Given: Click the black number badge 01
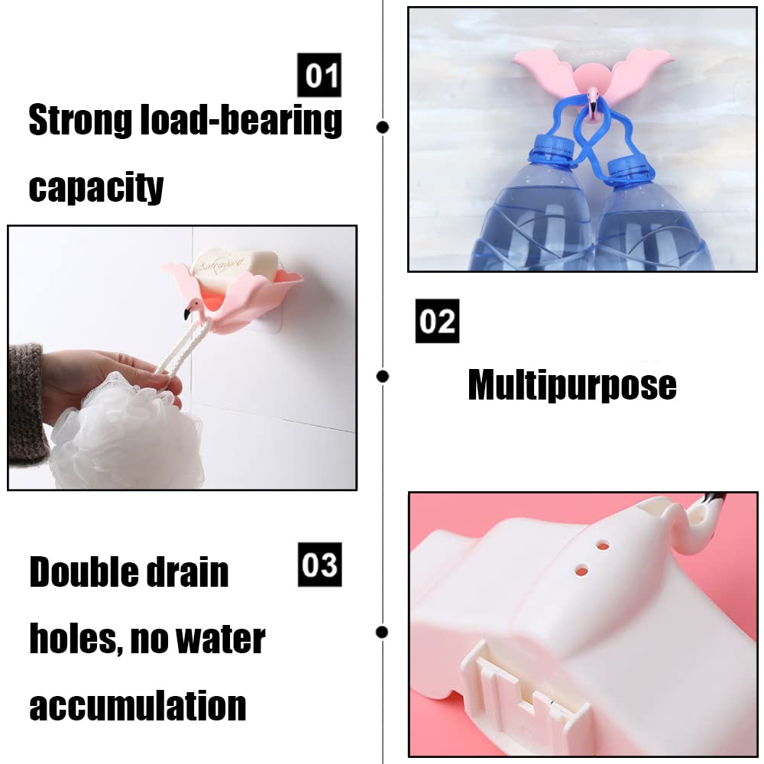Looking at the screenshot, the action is [x=319, y=75].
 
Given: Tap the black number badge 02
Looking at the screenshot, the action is [x=437, y=321].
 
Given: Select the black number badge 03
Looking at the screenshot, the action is [x=319, y=565].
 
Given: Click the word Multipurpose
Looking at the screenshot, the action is [x=572, y=385].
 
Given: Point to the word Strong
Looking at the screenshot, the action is [x=80, y=119].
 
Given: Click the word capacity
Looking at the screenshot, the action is [x=96, y=188].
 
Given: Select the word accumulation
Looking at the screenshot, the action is [x=138, y=704].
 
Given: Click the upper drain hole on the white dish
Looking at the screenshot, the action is [x=603, y=545].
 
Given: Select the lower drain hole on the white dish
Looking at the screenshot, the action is [x=581, y=570].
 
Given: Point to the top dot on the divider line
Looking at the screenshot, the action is [x=383, y=127].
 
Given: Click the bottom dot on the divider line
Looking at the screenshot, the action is [x=383, y=632].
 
